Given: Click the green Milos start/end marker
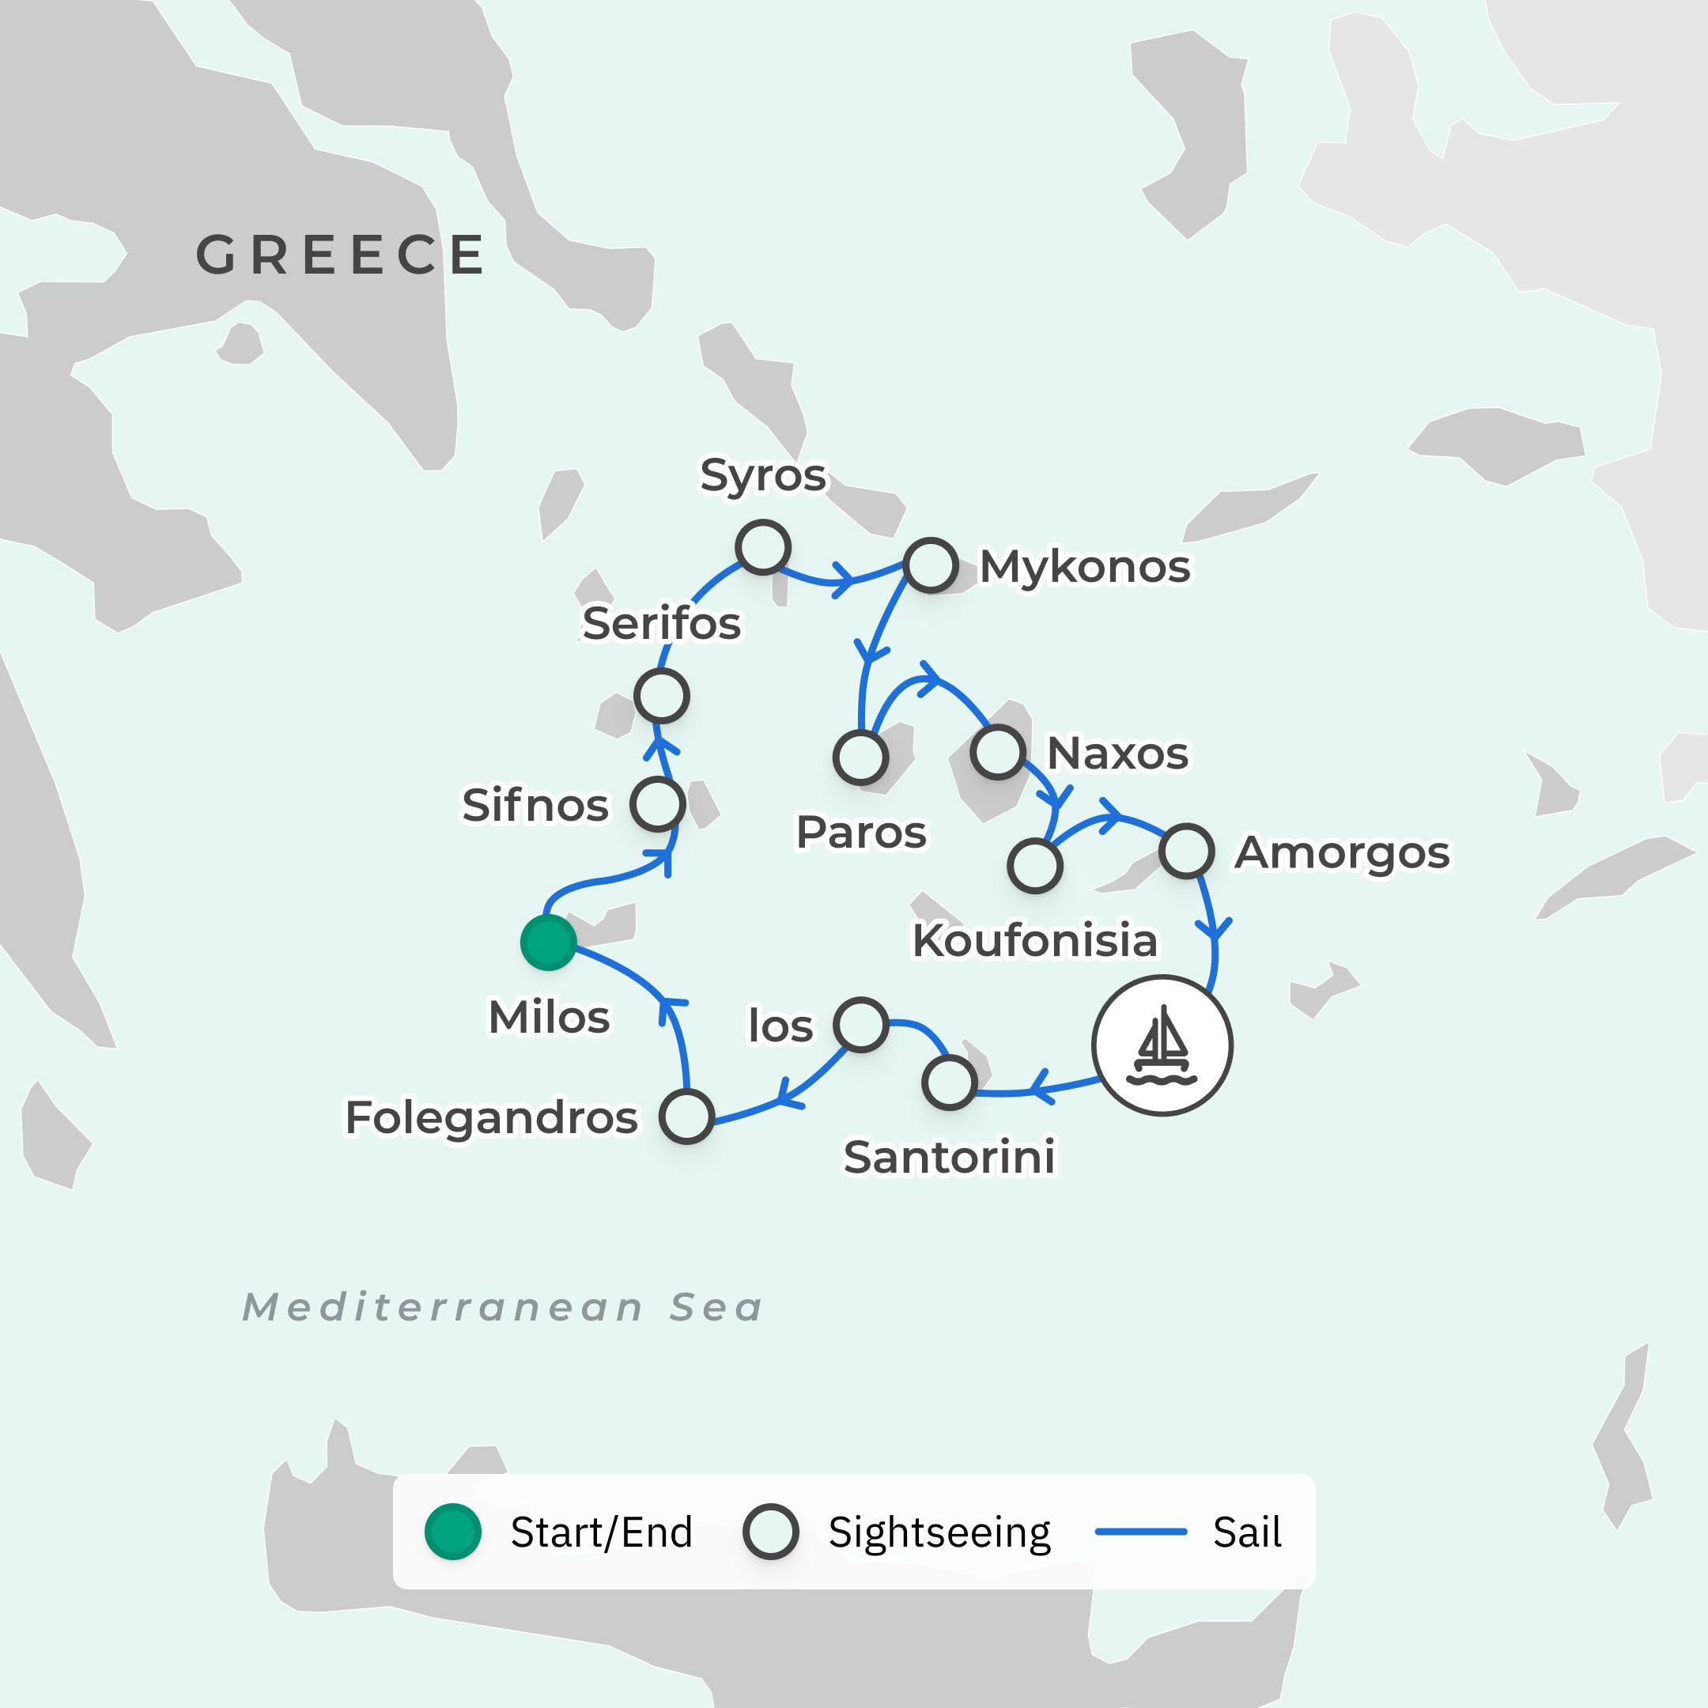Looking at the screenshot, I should pos(548,943).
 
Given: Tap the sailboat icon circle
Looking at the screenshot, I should pos(1162,1045).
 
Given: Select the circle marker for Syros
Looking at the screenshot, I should pos(762,546).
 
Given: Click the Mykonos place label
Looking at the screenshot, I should pos(1085,567).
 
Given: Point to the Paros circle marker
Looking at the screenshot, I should pos(860,758).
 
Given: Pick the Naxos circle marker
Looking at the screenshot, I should pos(997,752).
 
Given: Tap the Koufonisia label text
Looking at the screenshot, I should pos(1034,941).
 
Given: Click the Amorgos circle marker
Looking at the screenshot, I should pos(1185,851).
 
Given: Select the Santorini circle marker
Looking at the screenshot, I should pos(949,1083).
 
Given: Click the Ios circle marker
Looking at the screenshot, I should pos(860,1025).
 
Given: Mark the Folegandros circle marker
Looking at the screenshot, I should pos(686,1117).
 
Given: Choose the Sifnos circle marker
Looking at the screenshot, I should pos(657,803).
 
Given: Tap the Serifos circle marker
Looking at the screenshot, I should pos(661,697).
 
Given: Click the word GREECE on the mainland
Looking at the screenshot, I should pos(340,255).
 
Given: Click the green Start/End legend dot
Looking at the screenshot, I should pos(452,1532).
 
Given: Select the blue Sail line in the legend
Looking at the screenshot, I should pos(1140,1532).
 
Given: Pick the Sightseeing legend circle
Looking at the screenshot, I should pos(770,1532).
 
